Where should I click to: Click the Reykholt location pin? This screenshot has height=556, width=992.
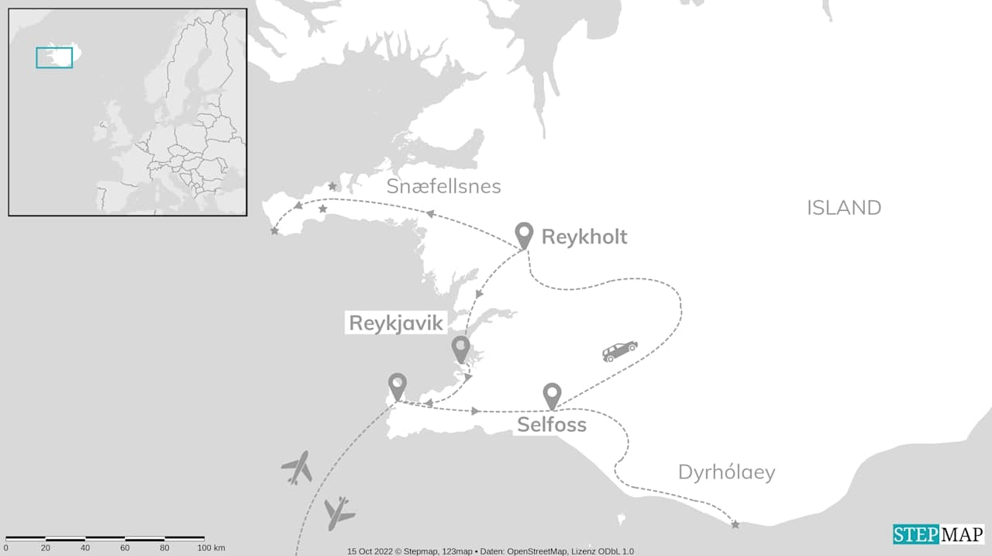(x=524, y=234)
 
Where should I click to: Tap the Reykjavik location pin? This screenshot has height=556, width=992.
(x=461, y=348)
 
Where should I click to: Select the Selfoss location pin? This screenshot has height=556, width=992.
(x=552, y=395)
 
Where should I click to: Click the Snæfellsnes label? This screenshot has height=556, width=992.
(x=443, y=187)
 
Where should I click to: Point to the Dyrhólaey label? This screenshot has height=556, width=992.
(x=726, y=472)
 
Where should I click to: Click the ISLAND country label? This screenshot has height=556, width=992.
(x=844, y=208)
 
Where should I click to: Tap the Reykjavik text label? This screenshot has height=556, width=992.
(x=395, y=323)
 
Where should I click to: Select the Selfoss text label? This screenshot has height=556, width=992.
(x=551, y=425)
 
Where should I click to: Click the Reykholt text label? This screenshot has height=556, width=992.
(x=584, y=237)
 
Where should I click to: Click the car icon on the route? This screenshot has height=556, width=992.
(x=620, y=351)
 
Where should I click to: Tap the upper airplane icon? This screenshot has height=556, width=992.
(x=297, y=468)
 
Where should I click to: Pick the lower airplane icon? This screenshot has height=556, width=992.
(x=338, y=513)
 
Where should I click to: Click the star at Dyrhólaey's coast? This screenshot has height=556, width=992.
(x=735, y=525)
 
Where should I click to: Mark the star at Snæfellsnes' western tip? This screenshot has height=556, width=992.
(x=274, y=231)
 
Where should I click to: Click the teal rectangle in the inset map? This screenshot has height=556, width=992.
(x=54, y=57)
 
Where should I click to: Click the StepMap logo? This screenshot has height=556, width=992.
(x=938, y=534)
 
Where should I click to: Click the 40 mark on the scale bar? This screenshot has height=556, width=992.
(x=85, y=548)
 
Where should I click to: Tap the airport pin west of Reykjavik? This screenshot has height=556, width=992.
(x=398, y=385)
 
